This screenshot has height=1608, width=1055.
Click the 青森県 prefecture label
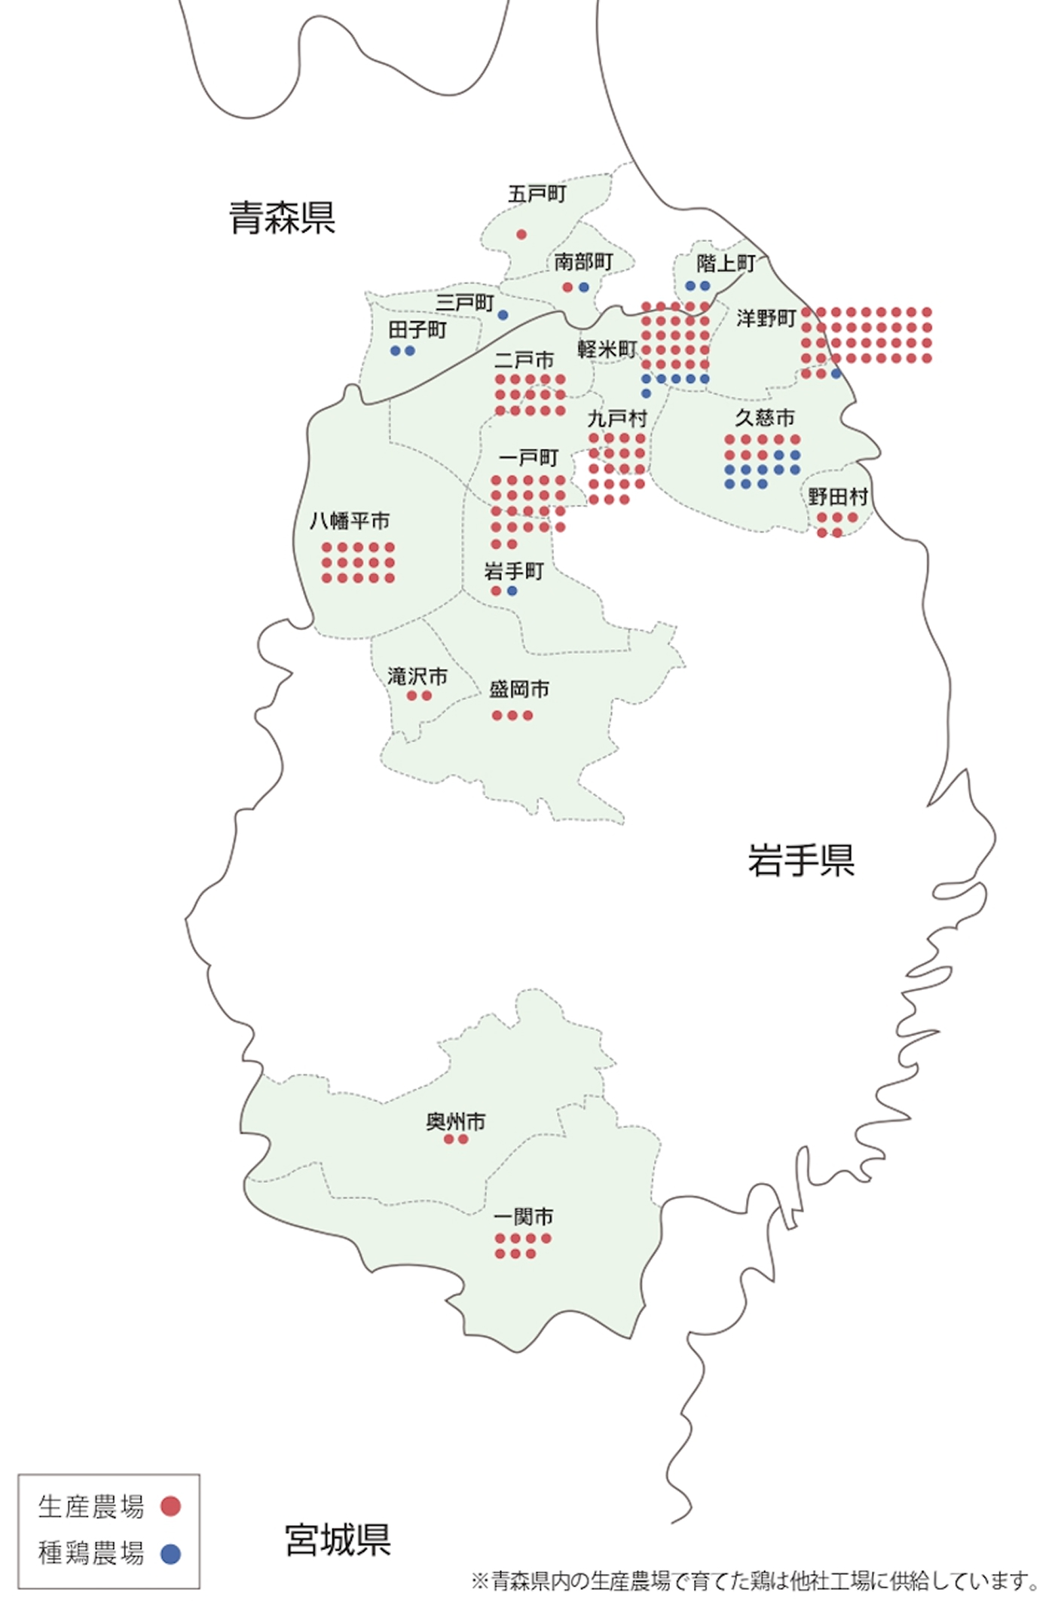point(282,218)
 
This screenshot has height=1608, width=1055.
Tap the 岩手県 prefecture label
point(801,860)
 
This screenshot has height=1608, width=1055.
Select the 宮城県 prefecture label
point(338,1539)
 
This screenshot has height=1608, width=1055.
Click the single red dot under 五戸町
point(521,234)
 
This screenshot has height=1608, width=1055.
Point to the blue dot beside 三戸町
point(503,315)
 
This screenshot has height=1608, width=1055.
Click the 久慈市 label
point(765,418)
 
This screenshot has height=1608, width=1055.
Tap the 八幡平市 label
point(350,521)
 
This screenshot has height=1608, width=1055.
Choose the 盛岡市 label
point(519,689)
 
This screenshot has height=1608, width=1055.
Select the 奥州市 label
point(455,1122)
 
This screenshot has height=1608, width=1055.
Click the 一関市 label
point(523,1217)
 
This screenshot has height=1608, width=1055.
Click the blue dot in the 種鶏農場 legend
point(171,1554)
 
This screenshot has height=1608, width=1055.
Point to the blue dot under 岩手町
point(512,591)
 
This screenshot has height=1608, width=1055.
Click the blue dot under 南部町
point(583,287)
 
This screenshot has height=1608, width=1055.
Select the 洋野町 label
point(766,318)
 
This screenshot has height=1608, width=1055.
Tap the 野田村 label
point(838,497)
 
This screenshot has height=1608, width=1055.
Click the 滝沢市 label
point(417,676)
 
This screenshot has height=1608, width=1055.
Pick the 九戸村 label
point(617,418)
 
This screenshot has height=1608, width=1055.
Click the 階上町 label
point(725,263)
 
